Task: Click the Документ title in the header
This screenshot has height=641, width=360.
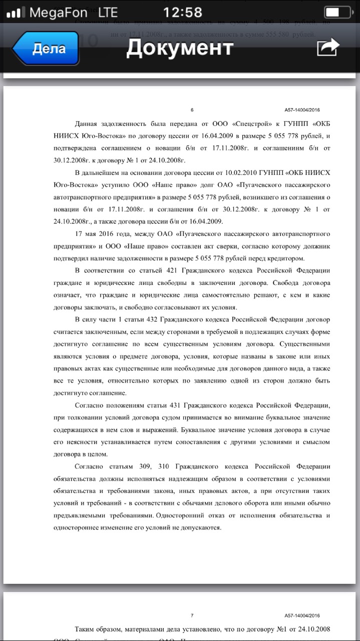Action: pos(180,48)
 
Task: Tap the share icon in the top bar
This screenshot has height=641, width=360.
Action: pos(328,48)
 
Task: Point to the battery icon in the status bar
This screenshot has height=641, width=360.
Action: pos(337,12)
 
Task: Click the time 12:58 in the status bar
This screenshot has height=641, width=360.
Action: pos(183,12)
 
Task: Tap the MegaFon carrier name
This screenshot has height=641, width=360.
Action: pos(58,12)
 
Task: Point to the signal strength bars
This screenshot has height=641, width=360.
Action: pos(15,13)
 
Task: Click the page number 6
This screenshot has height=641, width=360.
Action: pos(192,110)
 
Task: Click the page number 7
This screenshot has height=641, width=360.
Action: pos(192,615)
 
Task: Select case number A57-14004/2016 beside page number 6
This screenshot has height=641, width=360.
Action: pos(302,110)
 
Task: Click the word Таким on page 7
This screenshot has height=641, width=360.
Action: pos(86,629)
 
